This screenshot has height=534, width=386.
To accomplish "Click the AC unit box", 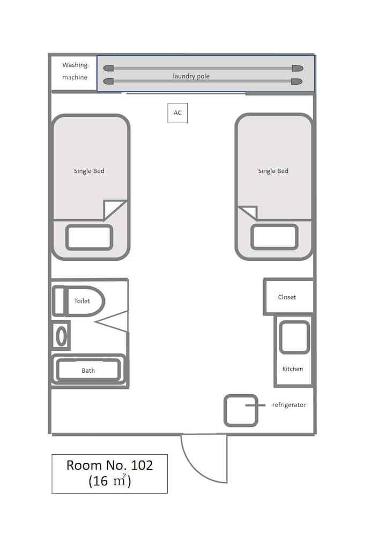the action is tap(177, 112).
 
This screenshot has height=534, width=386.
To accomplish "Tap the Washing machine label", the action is tap(75, 71).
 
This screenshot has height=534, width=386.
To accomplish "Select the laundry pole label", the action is tap(191, 76).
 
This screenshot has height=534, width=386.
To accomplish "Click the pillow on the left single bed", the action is tap(89, 237).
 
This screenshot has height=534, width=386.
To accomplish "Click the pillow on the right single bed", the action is tap(274, 237).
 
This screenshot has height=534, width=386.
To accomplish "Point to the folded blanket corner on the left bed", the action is tap(115, 210).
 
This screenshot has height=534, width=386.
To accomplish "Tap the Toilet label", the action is tap(82, 300).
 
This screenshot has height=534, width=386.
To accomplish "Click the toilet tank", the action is tap(58, 301).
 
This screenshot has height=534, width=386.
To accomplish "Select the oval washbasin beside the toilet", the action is tap(61, 336).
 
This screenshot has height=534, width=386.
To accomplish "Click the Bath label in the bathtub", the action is tap(88, 370).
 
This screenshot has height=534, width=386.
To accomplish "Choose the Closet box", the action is tap(288, 296).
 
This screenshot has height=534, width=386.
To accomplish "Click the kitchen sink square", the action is tap(295, 337).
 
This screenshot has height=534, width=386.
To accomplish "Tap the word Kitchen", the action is tap(293, 369).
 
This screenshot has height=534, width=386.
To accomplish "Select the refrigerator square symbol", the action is tap(241, 410).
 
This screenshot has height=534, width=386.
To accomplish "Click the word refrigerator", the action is tap(289, 405).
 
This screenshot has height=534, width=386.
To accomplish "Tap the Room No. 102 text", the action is tap(109, 465).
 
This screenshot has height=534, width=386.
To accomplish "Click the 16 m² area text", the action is tap(109, 480).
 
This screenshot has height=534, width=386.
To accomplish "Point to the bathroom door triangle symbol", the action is tap(113, 321).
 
